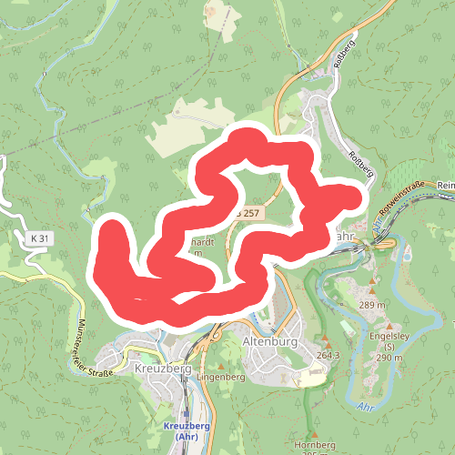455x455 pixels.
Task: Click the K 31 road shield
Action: click(x=38, y=238)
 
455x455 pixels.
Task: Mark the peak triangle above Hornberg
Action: click(x=310, y=433)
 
